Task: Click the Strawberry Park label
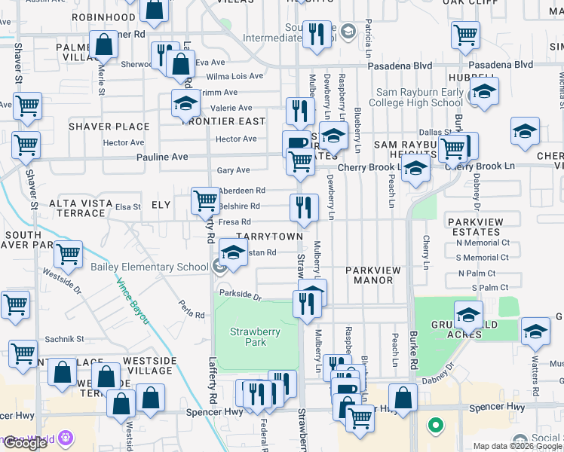point(248,337)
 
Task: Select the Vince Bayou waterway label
point(132,301)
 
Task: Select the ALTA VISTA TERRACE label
point(81,209)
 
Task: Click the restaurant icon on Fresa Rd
point(304,207)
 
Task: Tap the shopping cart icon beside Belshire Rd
point(205,200)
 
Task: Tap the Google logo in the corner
point(26,443)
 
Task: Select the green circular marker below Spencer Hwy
point(435,426)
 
